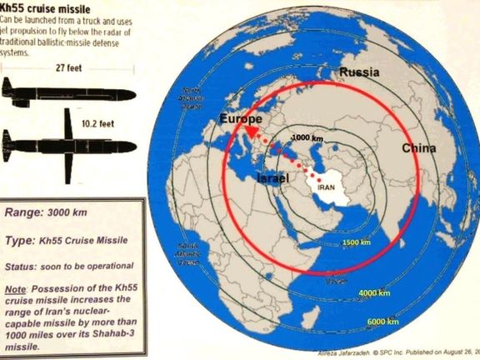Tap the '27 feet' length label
click(x=68, y=67)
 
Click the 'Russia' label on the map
click(x=359, y=72)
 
